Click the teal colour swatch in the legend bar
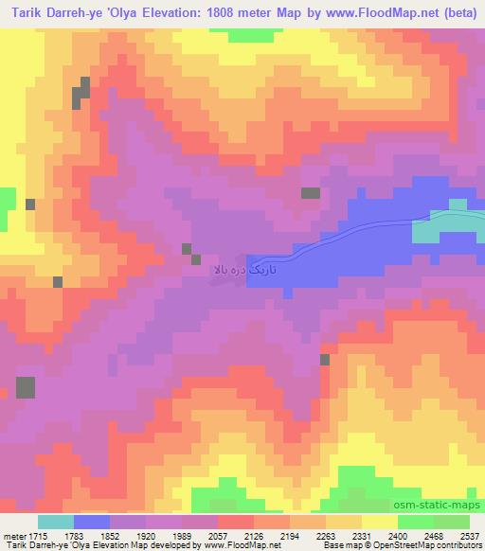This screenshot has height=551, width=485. pos(56,522)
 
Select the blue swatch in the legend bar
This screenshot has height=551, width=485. pos(92,522)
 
